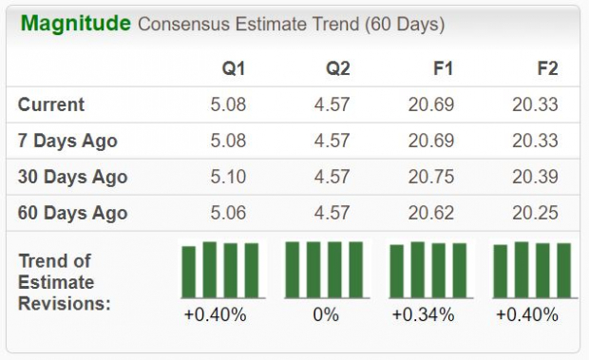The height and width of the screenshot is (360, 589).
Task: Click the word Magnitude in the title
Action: (75, 23)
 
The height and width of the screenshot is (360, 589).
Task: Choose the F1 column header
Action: (443, 68)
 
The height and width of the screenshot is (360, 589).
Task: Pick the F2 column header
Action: (546, 68)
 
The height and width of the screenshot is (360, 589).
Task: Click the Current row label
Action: (51, 104)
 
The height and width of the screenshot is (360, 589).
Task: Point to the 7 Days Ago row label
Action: (67, 141)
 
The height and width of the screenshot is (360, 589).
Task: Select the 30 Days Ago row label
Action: (72, 177)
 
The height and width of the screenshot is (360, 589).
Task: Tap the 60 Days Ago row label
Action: (72, 213)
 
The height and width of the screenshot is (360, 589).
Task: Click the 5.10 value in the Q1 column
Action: (228, 177)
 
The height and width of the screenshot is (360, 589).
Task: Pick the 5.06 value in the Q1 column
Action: (228, 213)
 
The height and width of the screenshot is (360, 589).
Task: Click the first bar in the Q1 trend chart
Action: (189, 273)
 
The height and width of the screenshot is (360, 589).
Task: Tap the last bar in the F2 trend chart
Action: (563, 271)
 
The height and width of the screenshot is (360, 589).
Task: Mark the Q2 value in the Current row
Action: (332, 104)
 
